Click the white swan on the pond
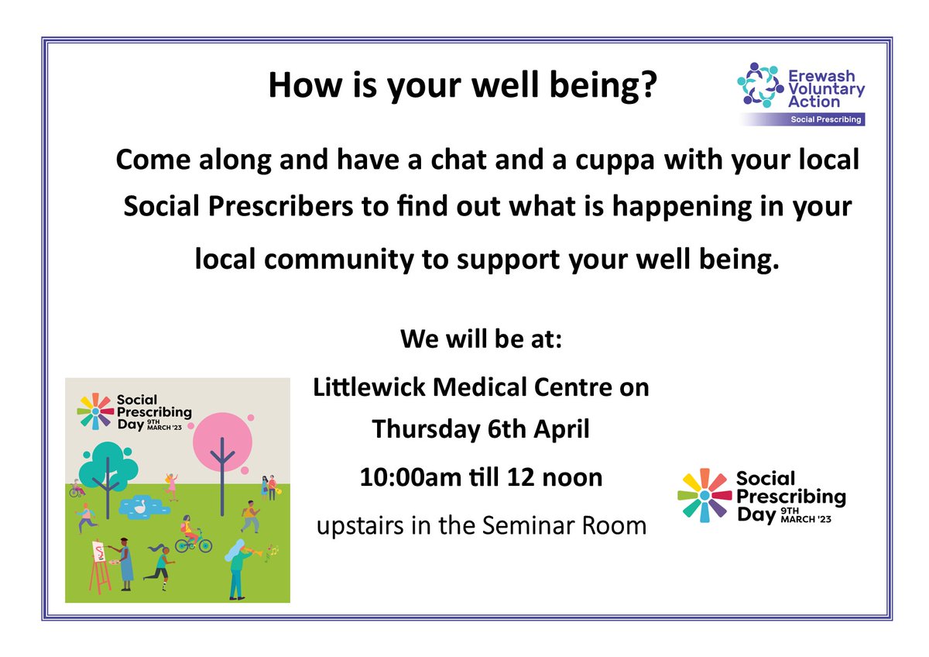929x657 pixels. [x=141, y=506]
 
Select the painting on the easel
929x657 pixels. [x=99, y=552]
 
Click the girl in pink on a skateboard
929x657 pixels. [x=170, y=486]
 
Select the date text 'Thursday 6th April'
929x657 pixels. [x=481, y=428]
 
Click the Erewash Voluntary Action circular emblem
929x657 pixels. [x=758, y=85]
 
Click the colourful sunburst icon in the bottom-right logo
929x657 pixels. [x=703, y=494]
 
